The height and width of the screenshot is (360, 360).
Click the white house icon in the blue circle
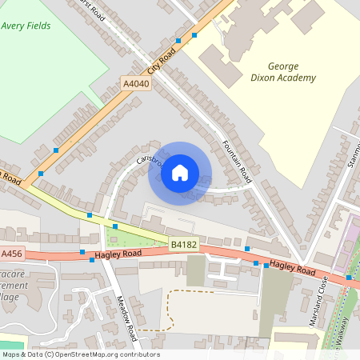[180, 172]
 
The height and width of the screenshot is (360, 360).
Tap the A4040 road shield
[136, 83]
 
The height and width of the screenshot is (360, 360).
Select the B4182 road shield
[183, 241]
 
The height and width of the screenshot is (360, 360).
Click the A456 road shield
[11, 254]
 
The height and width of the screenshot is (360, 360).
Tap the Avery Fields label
[26, 26]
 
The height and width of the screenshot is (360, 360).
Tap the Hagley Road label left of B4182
[118, 254]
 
